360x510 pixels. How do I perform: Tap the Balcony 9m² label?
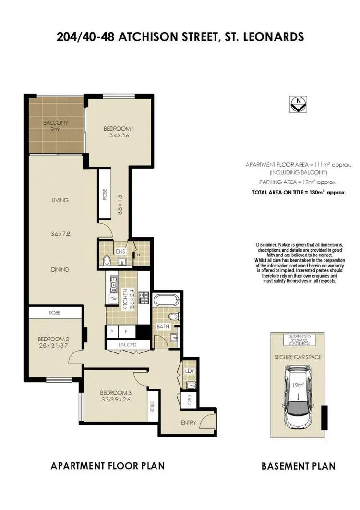click(x=56, y=125)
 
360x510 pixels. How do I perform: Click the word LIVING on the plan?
click(x=60, y=200)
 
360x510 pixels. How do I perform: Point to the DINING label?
click(x=60, y=270)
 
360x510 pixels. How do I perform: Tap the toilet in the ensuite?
click(x=107, y=261)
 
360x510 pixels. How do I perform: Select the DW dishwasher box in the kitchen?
click(x=113, y=299)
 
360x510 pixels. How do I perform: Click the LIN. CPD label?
click(x=121, y=345)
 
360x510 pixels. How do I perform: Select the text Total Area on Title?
click(x=299, y=191)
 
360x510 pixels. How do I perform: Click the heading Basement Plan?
click(x=298, y=466)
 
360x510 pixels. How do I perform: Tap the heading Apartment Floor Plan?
click(x=108, y=466)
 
